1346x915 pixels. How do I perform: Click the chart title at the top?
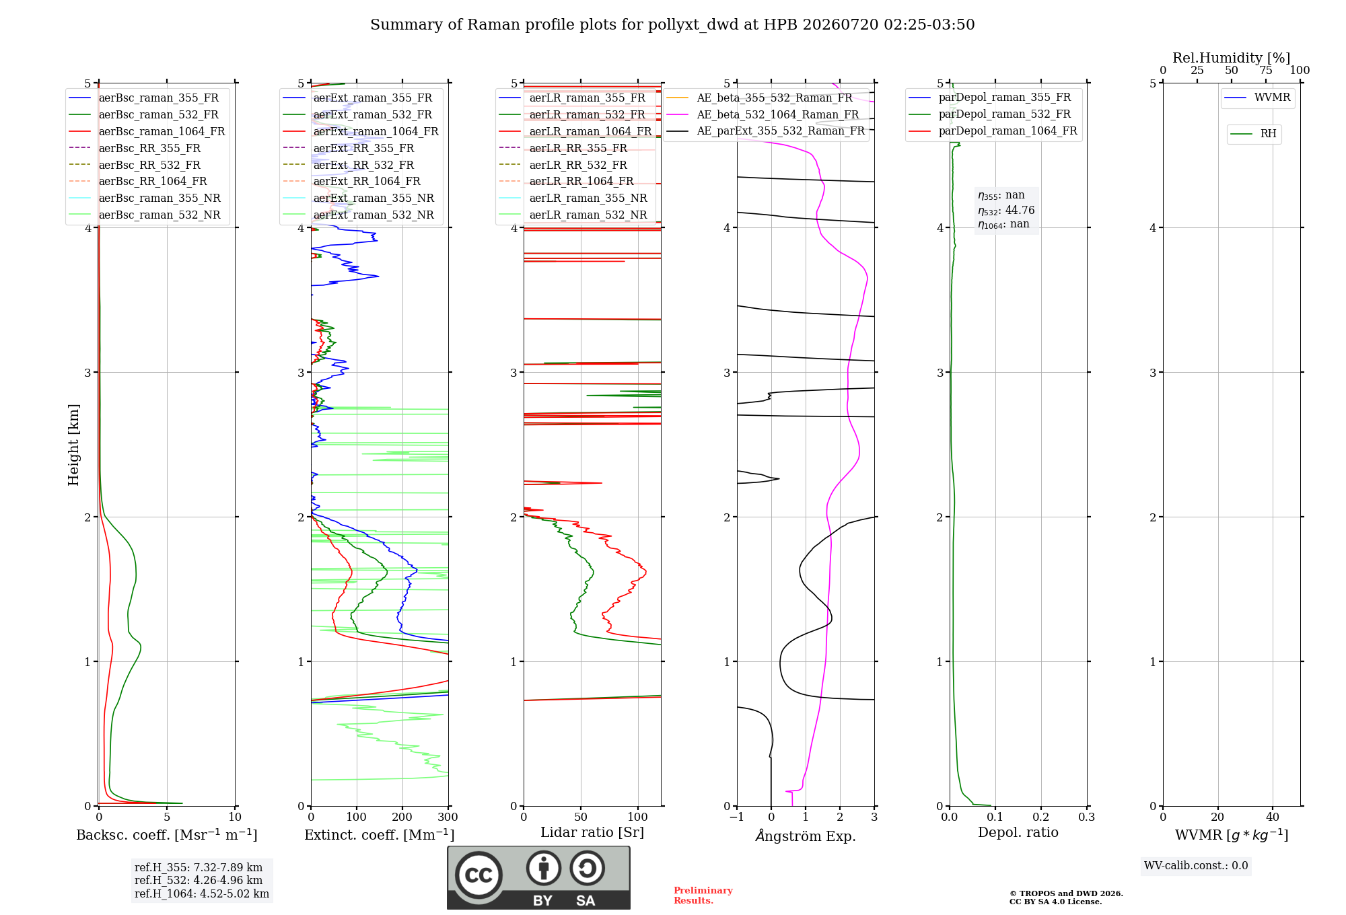(x=672, y=25)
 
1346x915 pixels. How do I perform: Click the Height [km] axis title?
(x=73, y=445)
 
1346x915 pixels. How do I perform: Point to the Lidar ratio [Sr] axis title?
(x=592, y=832)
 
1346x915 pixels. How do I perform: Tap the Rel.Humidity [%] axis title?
(x=1232, y=58)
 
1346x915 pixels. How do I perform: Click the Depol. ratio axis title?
(x=1018, y=832)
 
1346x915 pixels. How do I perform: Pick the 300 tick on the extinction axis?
(x=448, y=817)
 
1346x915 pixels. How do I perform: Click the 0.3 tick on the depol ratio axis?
(x=1087, y=817)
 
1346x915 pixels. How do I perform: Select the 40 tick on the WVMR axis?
(x=1273, y=817)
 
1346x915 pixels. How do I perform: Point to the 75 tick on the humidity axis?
(x=1266, y=71)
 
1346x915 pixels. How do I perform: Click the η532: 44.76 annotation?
(x=1006, y=211)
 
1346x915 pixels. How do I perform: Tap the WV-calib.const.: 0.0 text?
(x=1196, y=866)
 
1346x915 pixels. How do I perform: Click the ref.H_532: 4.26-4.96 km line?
(x=199, y=880)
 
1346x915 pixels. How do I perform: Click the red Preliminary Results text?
(x=703, y=895)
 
